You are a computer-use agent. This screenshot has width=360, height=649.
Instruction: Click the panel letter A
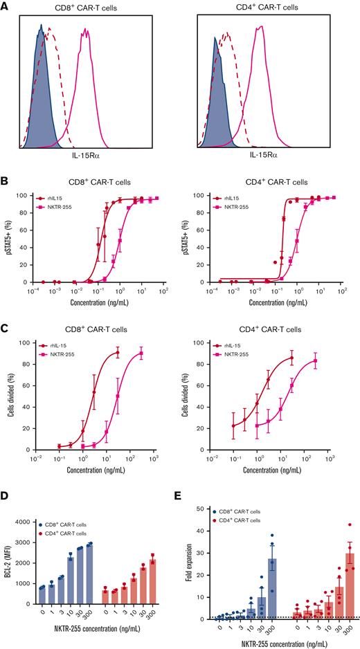coord(6,6)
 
